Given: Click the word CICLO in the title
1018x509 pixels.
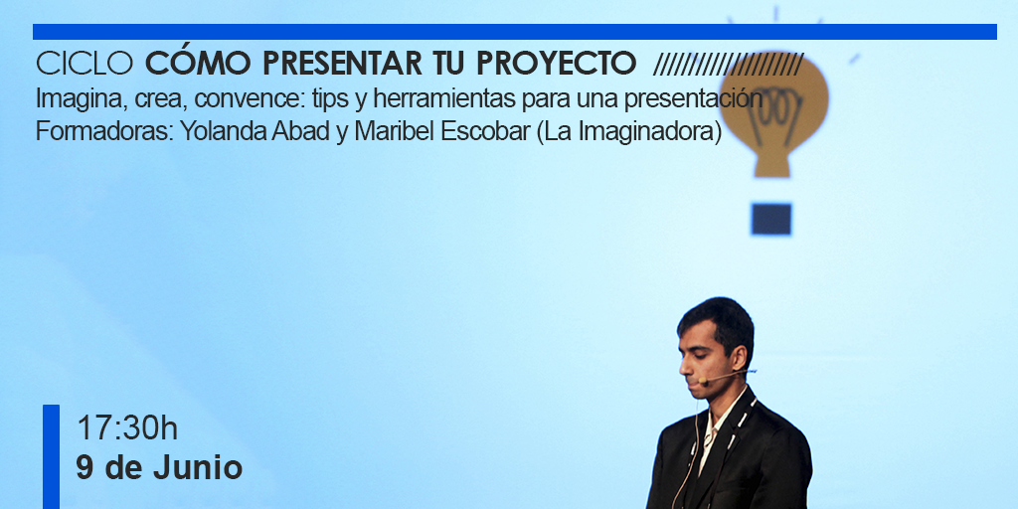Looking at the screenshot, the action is (85, 63).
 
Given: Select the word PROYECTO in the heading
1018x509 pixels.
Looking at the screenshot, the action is (557, 63).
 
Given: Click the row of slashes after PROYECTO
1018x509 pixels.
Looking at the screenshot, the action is (729, 64).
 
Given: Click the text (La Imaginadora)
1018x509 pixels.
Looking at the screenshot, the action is (629, 132).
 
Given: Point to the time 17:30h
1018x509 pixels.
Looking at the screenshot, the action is (127, 428).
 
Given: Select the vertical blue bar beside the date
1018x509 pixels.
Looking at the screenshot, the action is (52, 456).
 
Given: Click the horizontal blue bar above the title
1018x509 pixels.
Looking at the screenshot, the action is (515, 32).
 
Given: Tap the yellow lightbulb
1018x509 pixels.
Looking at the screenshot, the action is (773, 110).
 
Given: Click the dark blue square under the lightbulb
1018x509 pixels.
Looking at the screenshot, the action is (771, 219).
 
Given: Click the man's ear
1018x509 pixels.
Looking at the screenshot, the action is (739, 357).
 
